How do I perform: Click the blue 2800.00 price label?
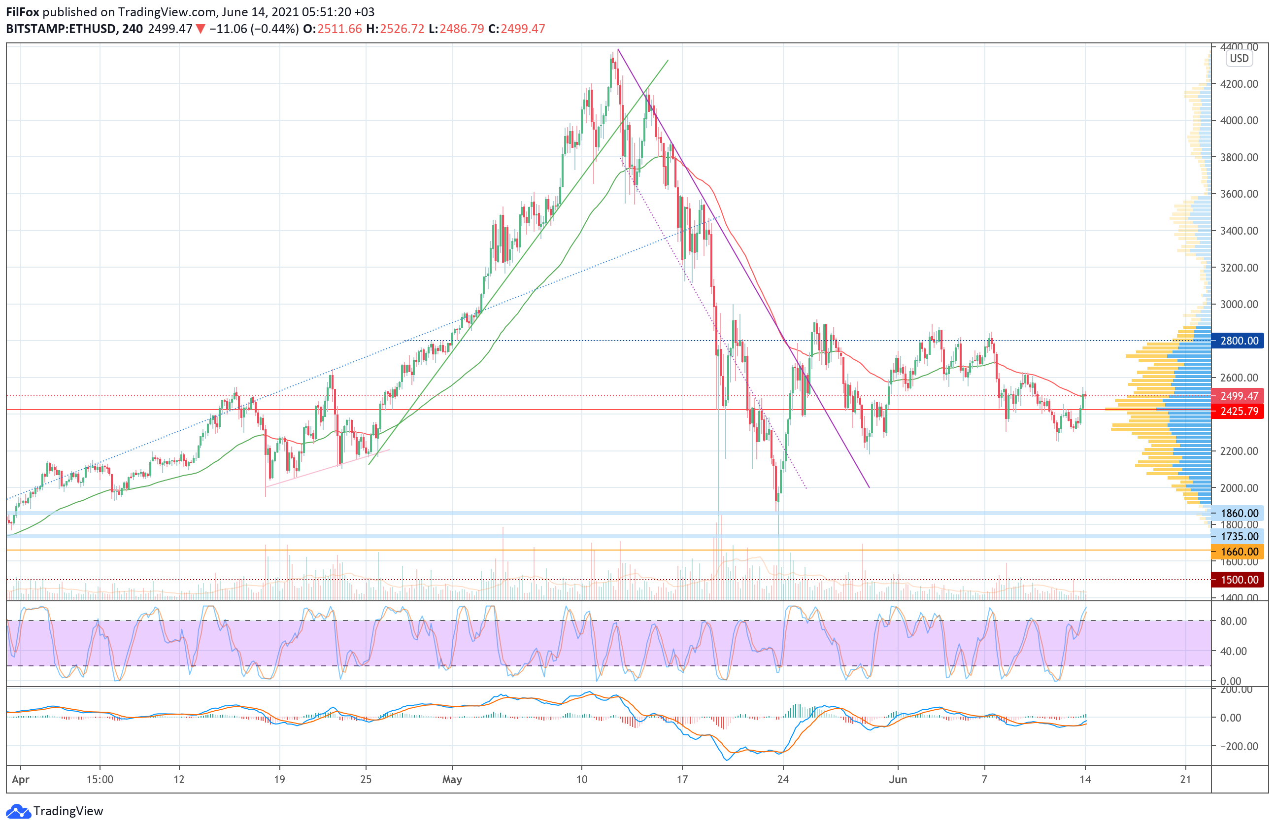(x=1239, y=341)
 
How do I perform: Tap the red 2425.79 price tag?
(x=1239, y=411)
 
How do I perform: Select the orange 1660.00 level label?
(x=1239, y=552)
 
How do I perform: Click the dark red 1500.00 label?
(x=1239, y=579)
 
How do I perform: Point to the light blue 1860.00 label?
(x=1239, y=513)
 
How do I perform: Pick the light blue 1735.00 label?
(x=1239, y=536)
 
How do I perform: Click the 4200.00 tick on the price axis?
(x=1239, y=84)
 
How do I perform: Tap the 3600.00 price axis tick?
(x=1239, y=194)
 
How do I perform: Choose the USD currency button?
(x=1239, y=59)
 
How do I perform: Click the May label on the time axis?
(x=452, y=779)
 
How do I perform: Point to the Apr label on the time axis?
(x=20, y=779)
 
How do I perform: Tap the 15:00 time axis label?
(x=100, y=779)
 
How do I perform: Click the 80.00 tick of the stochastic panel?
(x=1233, y=621)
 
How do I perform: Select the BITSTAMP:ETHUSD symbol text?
(x=61, y=29)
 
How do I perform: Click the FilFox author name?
(x=23, y=12)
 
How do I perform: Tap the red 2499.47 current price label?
(x=1239, y=396)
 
